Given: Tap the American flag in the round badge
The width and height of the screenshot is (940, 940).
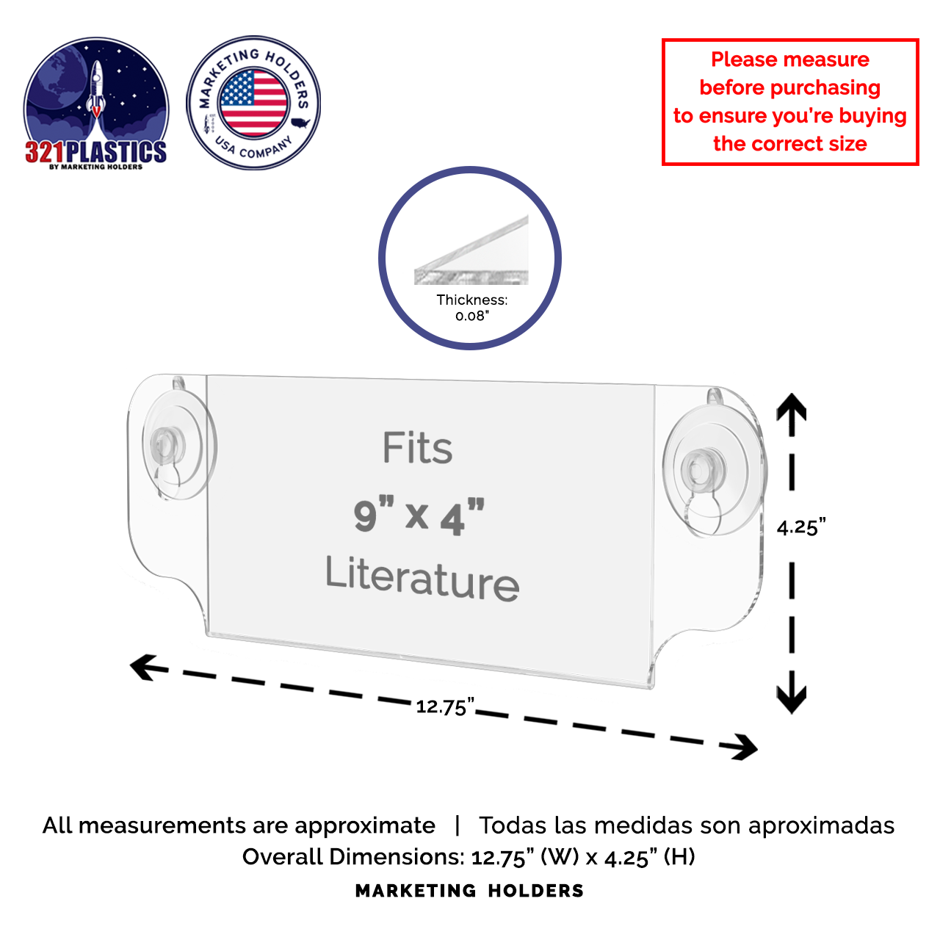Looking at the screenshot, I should pyautogui.click(x=253, y=103).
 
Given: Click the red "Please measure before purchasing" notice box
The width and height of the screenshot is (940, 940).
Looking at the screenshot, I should pyautogui.click(x=790, y=102).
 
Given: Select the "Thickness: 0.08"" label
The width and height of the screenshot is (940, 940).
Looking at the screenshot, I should pyautogui.click(x=471, y=308).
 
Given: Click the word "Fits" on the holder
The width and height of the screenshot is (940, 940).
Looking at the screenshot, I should pyautogui.click(x=417, y=448).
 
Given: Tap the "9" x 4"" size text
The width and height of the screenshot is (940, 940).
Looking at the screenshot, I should pyautogui.click(x=419, y=516).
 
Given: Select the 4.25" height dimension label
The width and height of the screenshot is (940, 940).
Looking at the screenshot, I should pyautogui.click(x=801, y=527).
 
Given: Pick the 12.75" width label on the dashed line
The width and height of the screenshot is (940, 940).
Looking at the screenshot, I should pyautogui.click(x=444, y=706).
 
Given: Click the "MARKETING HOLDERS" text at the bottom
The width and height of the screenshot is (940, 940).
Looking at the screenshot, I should pyautogui.click(x=470, y=891).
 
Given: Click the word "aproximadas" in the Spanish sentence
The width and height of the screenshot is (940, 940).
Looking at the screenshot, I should pyautogui.click(x=821, y=825).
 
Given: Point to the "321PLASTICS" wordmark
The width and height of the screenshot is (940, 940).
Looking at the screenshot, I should pyautogui.click(x=95, y=152).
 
